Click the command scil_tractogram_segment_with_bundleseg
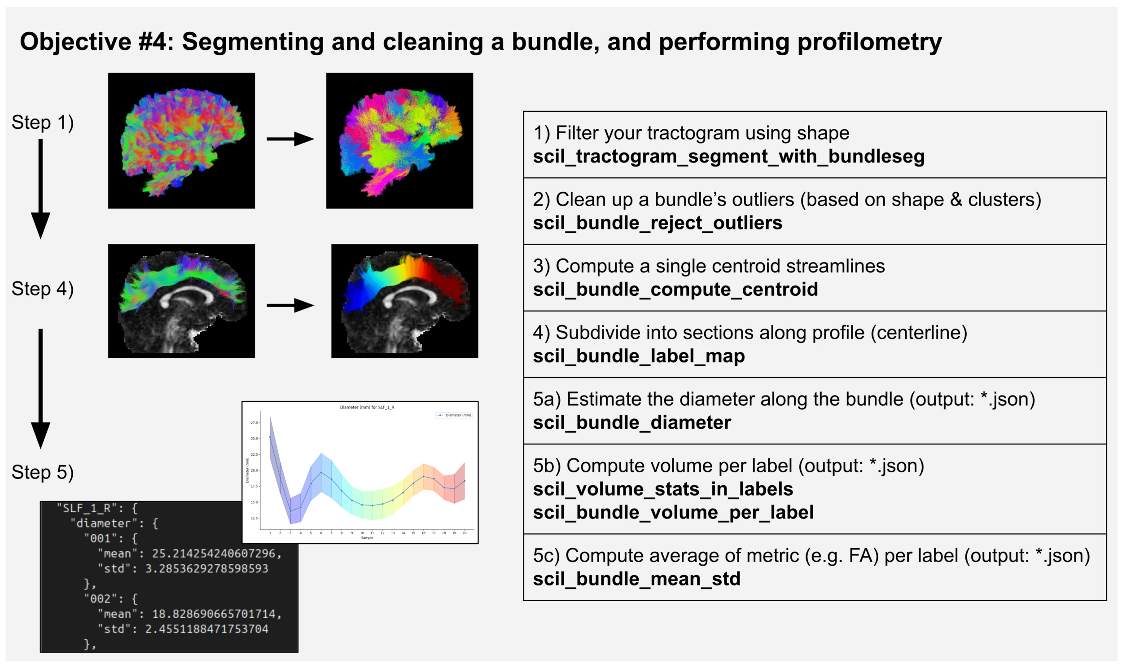728,157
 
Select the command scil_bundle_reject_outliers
657,223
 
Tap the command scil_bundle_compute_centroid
675,290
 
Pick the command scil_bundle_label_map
638,356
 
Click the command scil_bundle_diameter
631,423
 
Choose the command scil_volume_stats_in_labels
663,489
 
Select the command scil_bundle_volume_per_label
673,513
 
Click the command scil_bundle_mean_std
636,579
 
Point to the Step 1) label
42,123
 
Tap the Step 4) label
42,289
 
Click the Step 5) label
42,473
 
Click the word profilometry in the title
869,42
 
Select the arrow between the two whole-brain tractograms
290,139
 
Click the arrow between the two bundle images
290,306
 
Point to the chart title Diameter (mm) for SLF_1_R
367,407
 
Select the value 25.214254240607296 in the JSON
216,554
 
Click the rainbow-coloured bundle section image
404,301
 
